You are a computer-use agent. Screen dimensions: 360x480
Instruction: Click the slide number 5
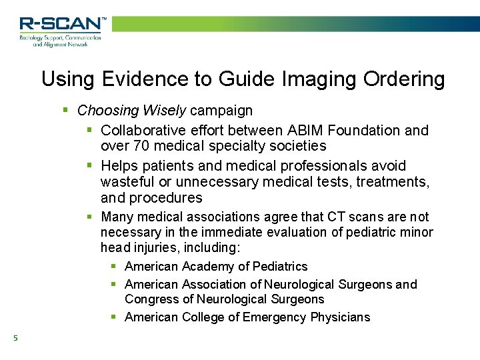pyautogui.click(x=15, y=339)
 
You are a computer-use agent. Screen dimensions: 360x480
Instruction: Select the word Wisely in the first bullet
pyautogui.click(x=165, y=110)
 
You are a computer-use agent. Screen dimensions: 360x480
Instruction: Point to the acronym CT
pyautogui.click(x=337, y=217)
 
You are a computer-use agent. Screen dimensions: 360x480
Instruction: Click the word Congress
pyautogui.click(x=150, y=299)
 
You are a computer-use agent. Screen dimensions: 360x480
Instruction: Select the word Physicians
pyautogui.click(x=340, y=317)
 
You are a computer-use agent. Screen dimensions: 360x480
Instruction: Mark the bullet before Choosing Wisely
pyautogui.click(x=65, y=110)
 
